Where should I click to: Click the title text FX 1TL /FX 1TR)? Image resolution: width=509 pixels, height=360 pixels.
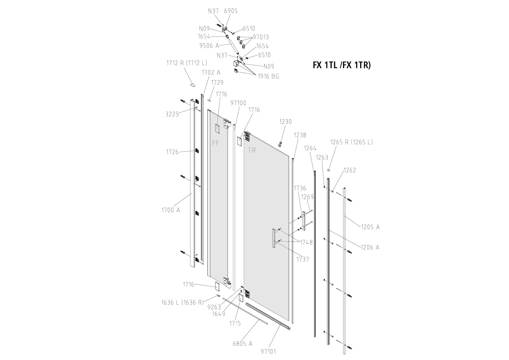[342, 65]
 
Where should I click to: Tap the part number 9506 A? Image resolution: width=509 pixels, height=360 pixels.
[209, 46]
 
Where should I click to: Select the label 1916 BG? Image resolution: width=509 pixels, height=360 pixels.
[268, 76]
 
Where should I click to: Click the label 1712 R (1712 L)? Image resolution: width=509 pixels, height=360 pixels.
[186, 63]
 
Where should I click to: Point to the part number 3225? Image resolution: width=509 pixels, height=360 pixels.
[172, 114]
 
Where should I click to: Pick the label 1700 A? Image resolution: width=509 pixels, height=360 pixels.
[171, 210]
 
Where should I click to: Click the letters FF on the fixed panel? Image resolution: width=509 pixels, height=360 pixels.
[216, 143]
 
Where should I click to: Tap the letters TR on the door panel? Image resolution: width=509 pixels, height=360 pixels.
[252, 150]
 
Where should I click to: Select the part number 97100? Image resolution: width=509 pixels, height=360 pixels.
[238, 103]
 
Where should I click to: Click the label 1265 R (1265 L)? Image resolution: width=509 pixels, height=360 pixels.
[351, 142]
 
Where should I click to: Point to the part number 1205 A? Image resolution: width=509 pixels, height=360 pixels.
[370, 227]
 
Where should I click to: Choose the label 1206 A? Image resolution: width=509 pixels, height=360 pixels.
[370, 247]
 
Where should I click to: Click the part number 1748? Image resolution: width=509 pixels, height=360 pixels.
[306, 242]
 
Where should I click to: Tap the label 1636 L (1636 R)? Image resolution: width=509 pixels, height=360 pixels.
[182, 302]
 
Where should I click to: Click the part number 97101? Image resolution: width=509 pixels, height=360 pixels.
[268, 351]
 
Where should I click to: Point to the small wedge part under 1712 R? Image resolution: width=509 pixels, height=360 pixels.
[192, 85]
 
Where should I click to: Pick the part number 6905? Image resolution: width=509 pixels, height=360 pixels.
[231, 11]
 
